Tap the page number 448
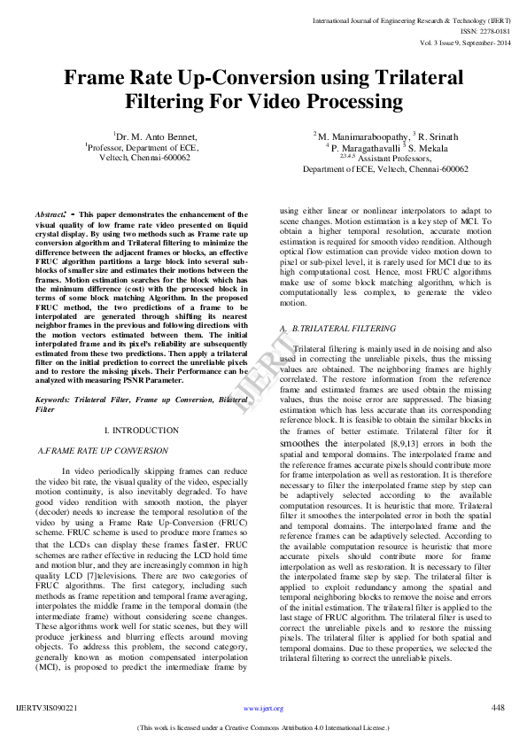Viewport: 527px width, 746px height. tap(498, 707)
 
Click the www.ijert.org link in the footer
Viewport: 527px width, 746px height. tap(263, 708)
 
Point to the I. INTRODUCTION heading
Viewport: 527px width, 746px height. tap(142, 430)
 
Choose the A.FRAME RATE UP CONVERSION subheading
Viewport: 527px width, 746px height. tap(103, 451)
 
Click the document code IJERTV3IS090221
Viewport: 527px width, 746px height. tap(47, 708)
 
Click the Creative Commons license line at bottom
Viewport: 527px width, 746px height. tap(263, 727)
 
